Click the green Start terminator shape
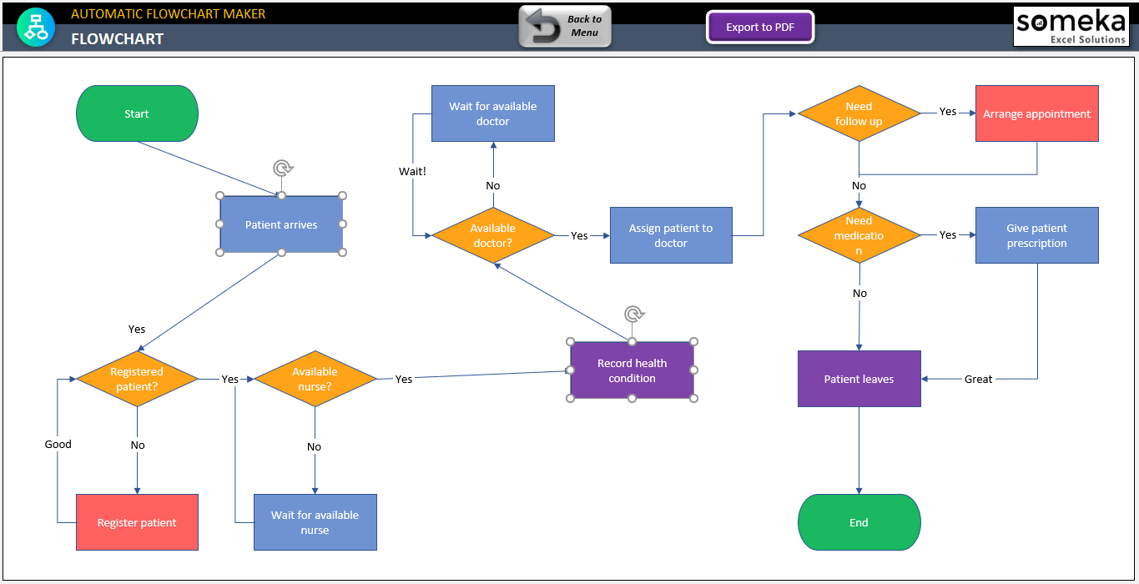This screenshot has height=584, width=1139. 137,113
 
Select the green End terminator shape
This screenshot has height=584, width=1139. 859,522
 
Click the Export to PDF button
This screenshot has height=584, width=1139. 759,28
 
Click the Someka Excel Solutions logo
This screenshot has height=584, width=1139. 1071,27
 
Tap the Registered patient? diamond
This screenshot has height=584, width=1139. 137,379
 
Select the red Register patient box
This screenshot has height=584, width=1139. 137,522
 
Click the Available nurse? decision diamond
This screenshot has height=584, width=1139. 315,379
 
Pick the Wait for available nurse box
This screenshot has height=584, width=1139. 315,522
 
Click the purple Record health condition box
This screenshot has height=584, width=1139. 632,370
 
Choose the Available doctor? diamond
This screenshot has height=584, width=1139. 492,235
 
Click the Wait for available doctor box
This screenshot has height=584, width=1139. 492,113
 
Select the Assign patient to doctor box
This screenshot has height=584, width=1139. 671,235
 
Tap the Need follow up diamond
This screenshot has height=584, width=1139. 859,113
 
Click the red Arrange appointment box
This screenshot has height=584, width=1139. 1036,113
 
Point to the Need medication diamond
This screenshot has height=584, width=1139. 859,235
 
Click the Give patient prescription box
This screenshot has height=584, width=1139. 1036,235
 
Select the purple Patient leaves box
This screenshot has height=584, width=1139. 859,379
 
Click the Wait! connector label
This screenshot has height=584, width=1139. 413,171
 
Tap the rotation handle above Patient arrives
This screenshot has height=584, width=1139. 283,169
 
